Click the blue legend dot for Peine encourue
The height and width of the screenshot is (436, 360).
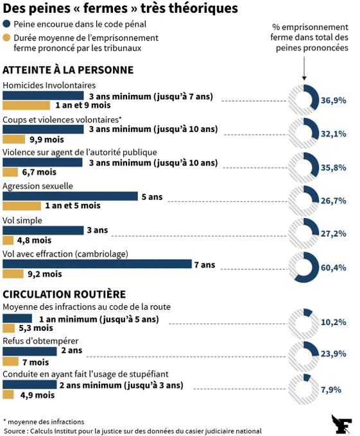point(6,24)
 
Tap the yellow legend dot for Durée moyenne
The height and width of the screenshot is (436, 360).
point(6,38)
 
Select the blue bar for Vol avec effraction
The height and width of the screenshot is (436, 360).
point(97,264)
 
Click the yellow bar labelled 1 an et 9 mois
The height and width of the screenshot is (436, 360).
point(26,105)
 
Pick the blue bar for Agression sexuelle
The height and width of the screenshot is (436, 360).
point(70,196)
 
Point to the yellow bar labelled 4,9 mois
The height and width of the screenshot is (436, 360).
point(8,394)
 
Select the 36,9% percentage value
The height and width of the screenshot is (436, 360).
point(334,101)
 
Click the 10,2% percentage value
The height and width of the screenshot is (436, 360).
point(334,323)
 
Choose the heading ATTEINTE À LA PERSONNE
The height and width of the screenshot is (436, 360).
point(68,70)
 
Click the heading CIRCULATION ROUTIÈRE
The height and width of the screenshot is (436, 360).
point(64,294)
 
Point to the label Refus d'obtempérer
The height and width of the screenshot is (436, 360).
point(40,341)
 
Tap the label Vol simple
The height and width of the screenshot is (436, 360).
point(22,221)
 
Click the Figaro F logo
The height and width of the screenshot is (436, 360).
point(341,424)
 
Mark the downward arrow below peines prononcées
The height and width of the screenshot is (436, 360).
point(304,69)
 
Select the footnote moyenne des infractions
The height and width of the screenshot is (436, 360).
point(44,422)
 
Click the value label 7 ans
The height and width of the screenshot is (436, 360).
point(205,265)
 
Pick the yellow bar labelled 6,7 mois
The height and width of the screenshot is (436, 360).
point(10,172)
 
